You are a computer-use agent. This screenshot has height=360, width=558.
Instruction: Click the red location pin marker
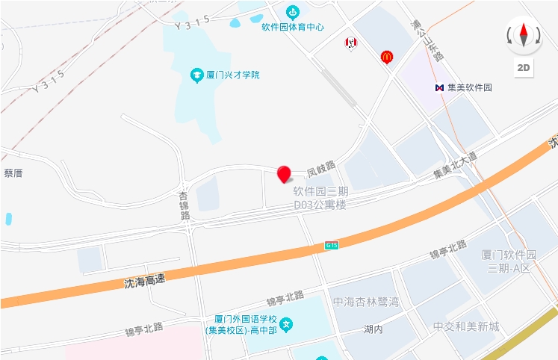284,175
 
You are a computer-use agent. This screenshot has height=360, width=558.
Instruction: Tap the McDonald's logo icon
387,56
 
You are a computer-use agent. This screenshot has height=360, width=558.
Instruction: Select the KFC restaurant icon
350,43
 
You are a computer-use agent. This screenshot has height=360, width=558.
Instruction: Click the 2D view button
524,68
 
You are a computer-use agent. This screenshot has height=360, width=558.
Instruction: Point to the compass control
524,35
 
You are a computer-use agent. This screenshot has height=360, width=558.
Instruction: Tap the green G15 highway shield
332,245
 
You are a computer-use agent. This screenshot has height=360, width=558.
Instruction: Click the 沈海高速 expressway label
144,281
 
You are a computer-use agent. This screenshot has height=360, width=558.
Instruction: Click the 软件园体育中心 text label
292,27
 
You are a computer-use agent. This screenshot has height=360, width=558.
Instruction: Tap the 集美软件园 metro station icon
440,87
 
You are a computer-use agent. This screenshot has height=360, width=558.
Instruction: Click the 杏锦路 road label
184,206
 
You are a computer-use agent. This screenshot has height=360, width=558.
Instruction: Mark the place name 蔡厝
13,173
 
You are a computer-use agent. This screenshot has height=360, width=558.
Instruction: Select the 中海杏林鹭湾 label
366,302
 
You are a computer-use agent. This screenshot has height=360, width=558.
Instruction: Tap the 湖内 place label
373,329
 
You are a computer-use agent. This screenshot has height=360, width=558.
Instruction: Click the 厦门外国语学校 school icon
286,324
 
